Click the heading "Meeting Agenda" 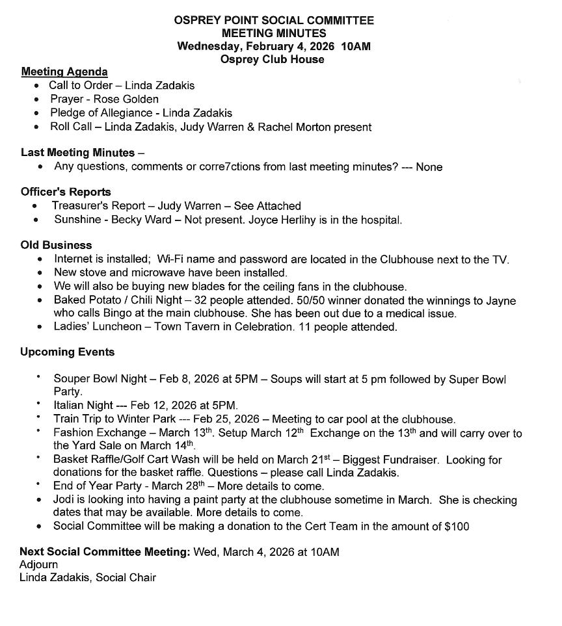[64, 72]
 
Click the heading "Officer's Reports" [66, 192]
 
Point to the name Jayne [502, 300]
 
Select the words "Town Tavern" [187, 327]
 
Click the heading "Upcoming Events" [67, 352]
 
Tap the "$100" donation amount [457, 527]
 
